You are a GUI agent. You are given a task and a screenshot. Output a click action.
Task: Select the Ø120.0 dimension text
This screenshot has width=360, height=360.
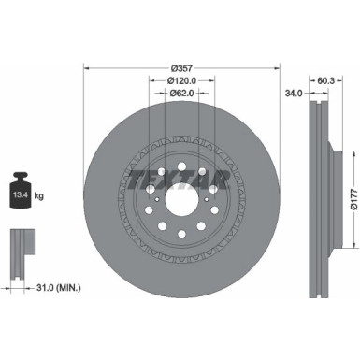181,80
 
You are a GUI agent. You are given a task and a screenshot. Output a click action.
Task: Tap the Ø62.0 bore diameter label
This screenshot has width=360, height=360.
181,94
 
